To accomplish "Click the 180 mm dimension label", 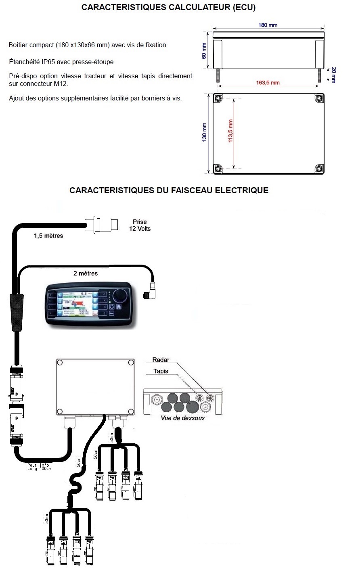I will point(268,25).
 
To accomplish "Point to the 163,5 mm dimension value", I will point(268,83).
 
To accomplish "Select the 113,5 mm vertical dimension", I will point(231,131).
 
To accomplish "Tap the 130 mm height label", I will point(205,132).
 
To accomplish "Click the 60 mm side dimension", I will point(204,51).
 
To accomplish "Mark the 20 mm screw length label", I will point(333,75).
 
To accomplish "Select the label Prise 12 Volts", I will point(140,225).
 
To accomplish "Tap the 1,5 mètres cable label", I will point(48,236).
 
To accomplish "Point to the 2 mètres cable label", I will point(86,273).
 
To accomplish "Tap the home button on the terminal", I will point(119,307).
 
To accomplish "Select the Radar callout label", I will point(161,360).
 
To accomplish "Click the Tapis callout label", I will point(161,371).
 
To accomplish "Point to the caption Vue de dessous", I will point(182,418).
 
